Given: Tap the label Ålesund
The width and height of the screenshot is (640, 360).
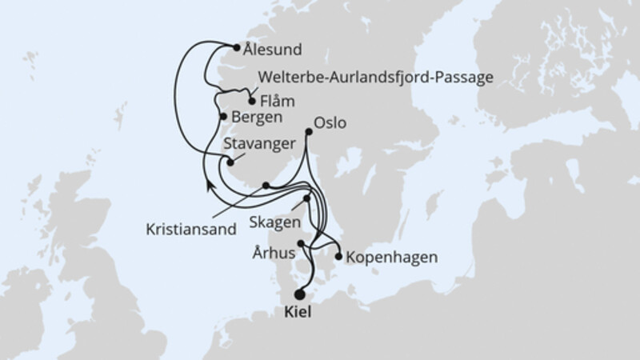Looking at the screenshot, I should pyautogui.click(x=274, y=50).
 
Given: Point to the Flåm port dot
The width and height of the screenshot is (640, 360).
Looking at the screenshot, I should pyautogui.click(x=253, y=102).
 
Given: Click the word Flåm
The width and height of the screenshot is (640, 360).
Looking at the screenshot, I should pyautogui.click(x=278, y=102).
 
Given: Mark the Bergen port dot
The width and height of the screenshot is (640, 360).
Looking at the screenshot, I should pyautogui.click(x=223, y=117).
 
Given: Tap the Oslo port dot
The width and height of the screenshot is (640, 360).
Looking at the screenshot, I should pyautogui.click(x=309, y=131).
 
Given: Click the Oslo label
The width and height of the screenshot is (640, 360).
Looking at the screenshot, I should pyautogui.click(x=331, y=124).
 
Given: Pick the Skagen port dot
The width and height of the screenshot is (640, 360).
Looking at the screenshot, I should pyautogui.click(x=306, y=198).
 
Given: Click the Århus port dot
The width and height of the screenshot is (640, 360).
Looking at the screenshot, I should pyautogui.click(x=301, y=243).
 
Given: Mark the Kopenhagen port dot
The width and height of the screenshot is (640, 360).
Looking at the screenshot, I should pyautogui.click(x=339, y=258).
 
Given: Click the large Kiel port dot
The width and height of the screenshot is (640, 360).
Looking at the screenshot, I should pyautogui.click(x=300, y=294).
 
